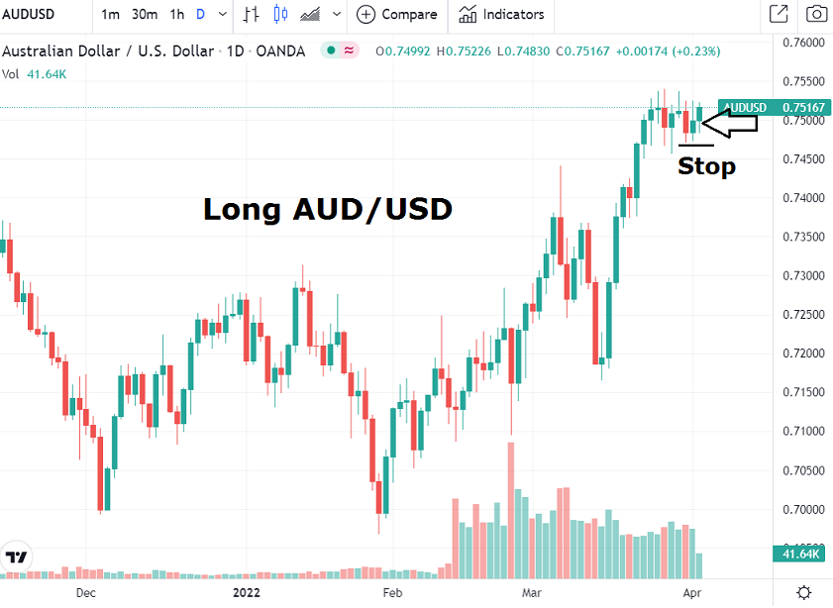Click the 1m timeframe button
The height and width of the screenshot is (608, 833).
pos(111,15)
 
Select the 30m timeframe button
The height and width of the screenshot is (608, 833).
pos(145,15)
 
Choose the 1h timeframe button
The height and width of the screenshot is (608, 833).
pos(176,15)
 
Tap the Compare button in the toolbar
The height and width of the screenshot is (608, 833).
pos(397,15)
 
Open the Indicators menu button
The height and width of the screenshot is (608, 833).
pos(501,15)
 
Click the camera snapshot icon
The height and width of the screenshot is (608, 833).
pos(816,15)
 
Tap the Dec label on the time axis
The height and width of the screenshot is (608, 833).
pos(86,592)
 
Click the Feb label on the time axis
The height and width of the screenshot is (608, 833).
pos(393,592)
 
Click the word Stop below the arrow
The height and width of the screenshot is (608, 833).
pos(706,166)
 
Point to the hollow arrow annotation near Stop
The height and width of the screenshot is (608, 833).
pos(729,124)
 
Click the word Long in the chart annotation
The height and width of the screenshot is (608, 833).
pos(241,210)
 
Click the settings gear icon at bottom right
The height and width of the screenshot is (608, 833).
pos(804,592)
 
